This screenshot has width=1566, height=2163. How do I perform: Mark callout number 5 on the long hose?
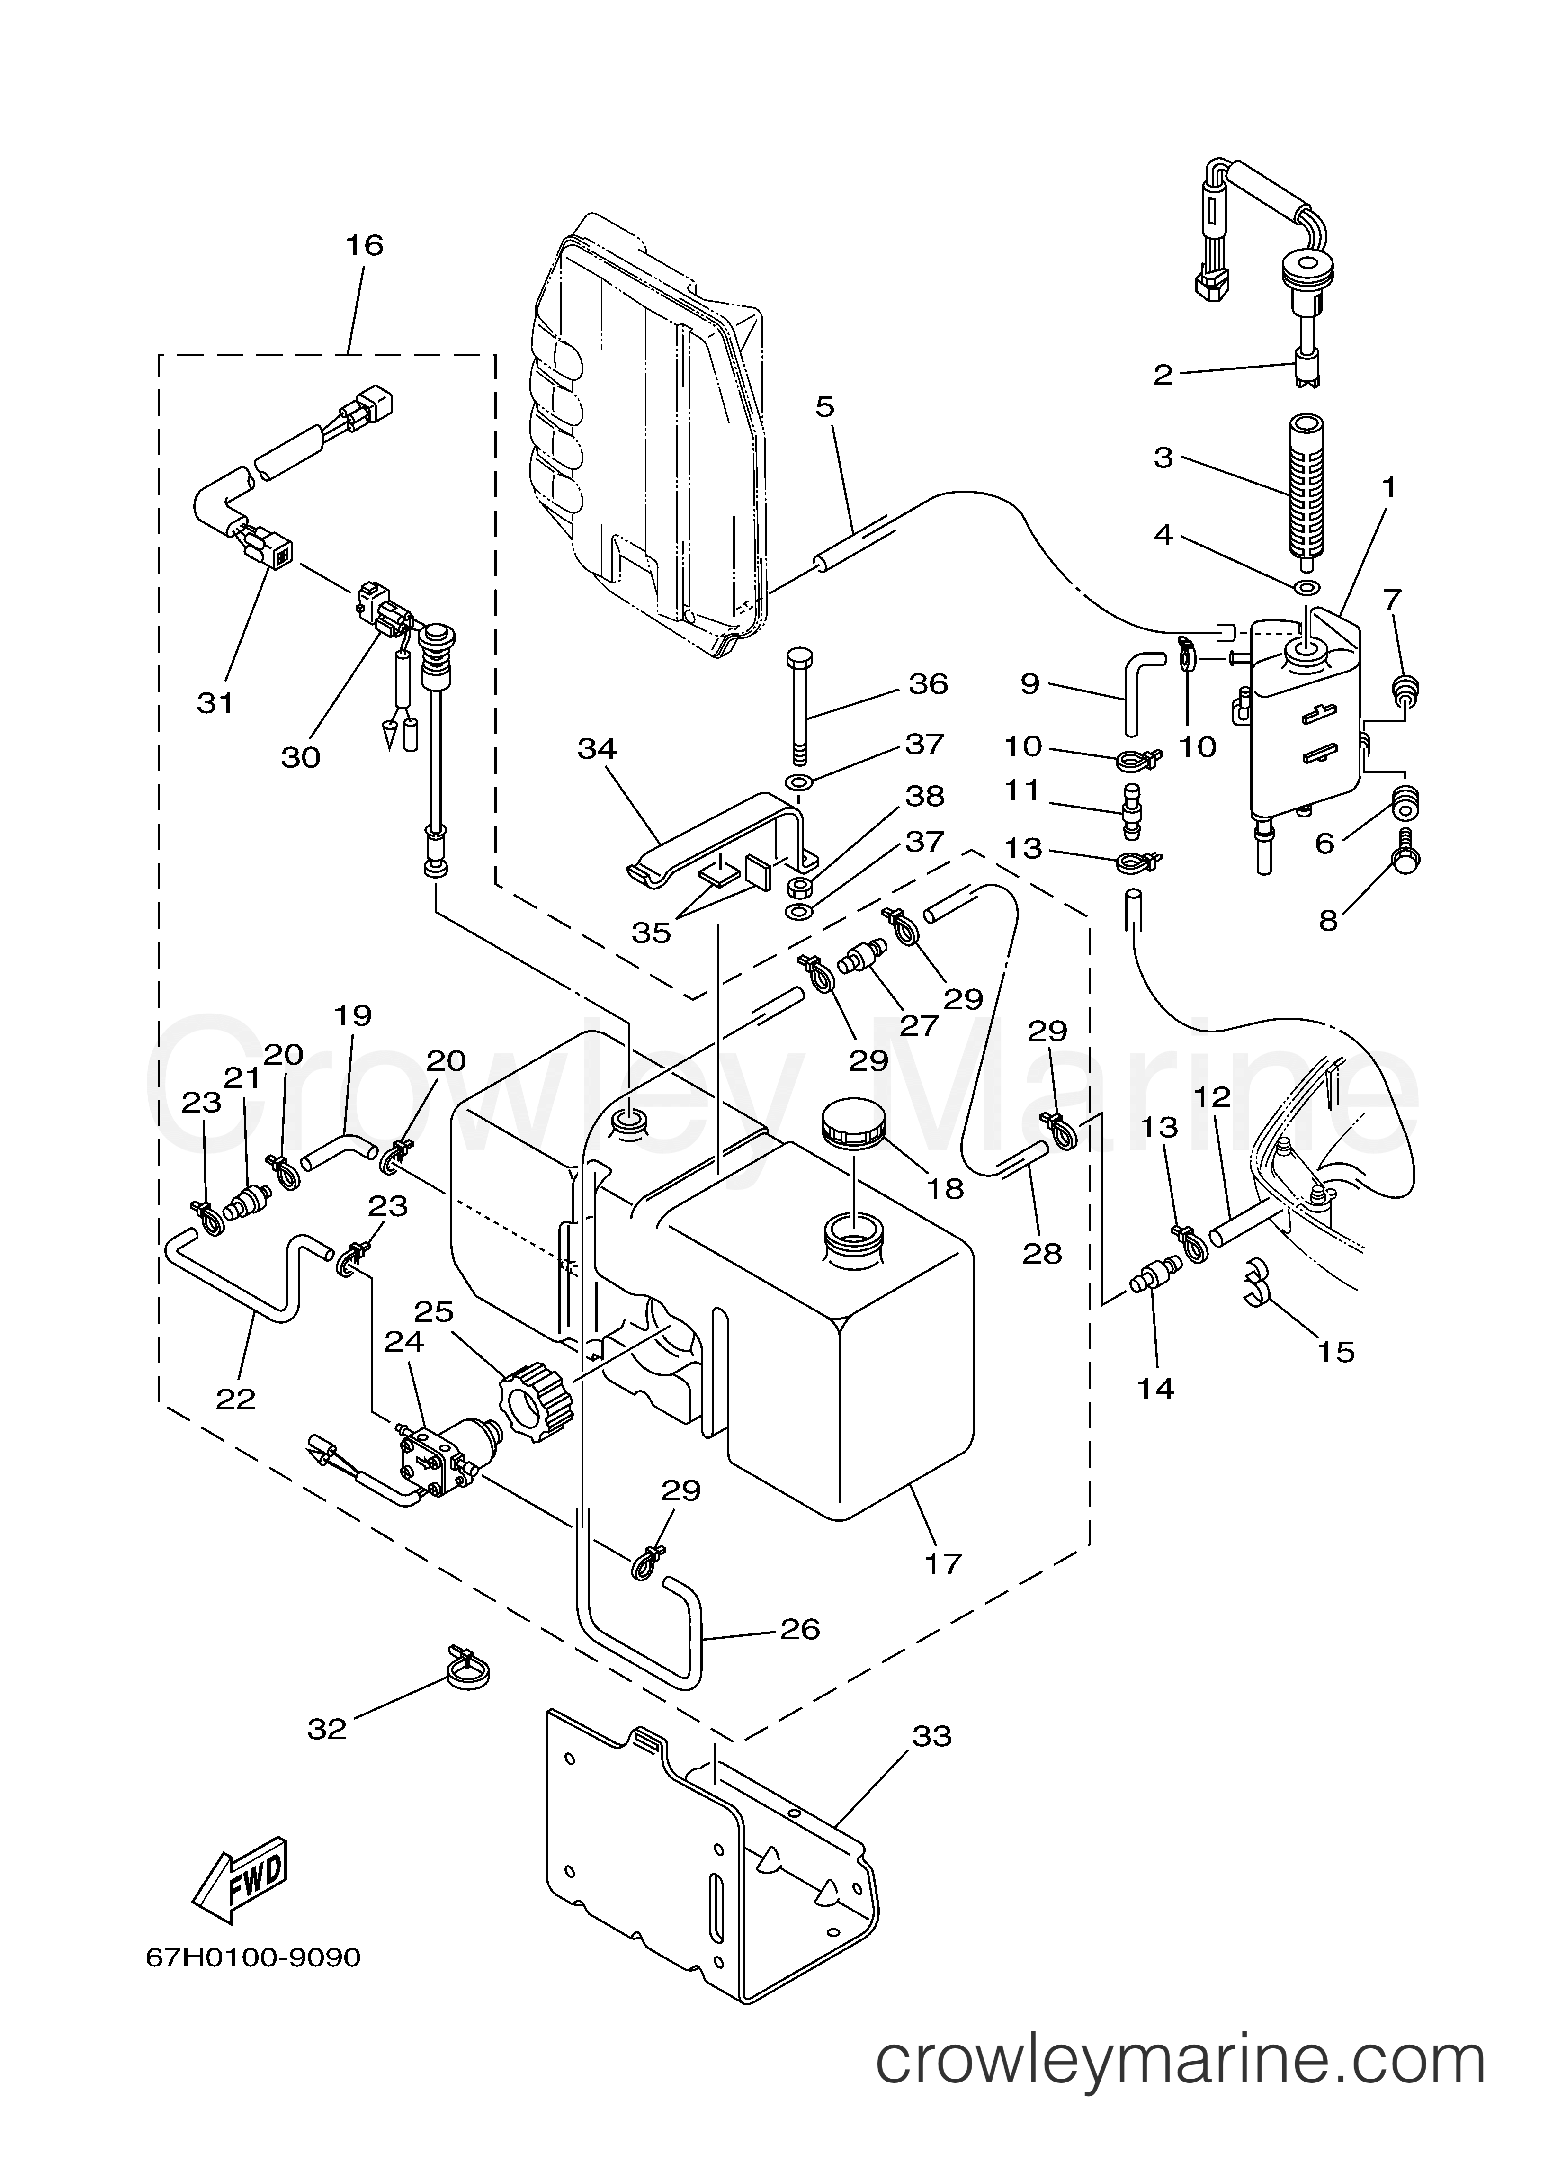point(824,407)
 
